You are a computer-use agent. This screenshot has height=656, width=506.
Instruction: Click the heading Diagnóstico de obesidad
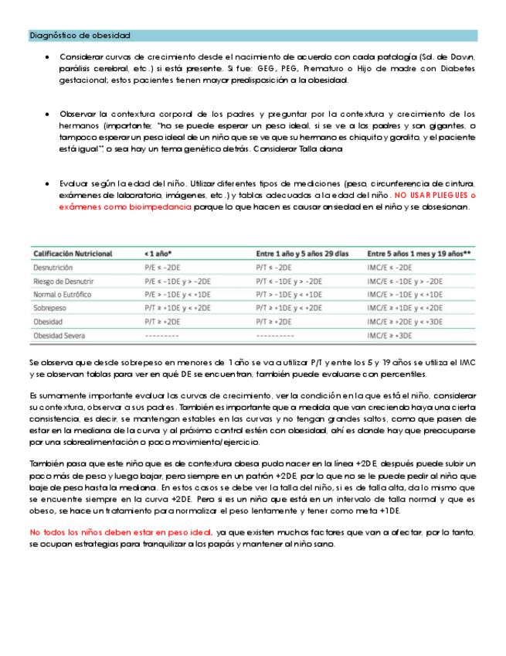[80, 36]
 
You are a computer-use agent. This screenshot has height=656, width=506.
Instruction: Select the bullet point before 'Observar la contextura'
[49, 114]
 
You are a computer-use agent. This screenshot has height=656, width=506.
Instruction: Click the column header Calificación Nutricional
[73, 253]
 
